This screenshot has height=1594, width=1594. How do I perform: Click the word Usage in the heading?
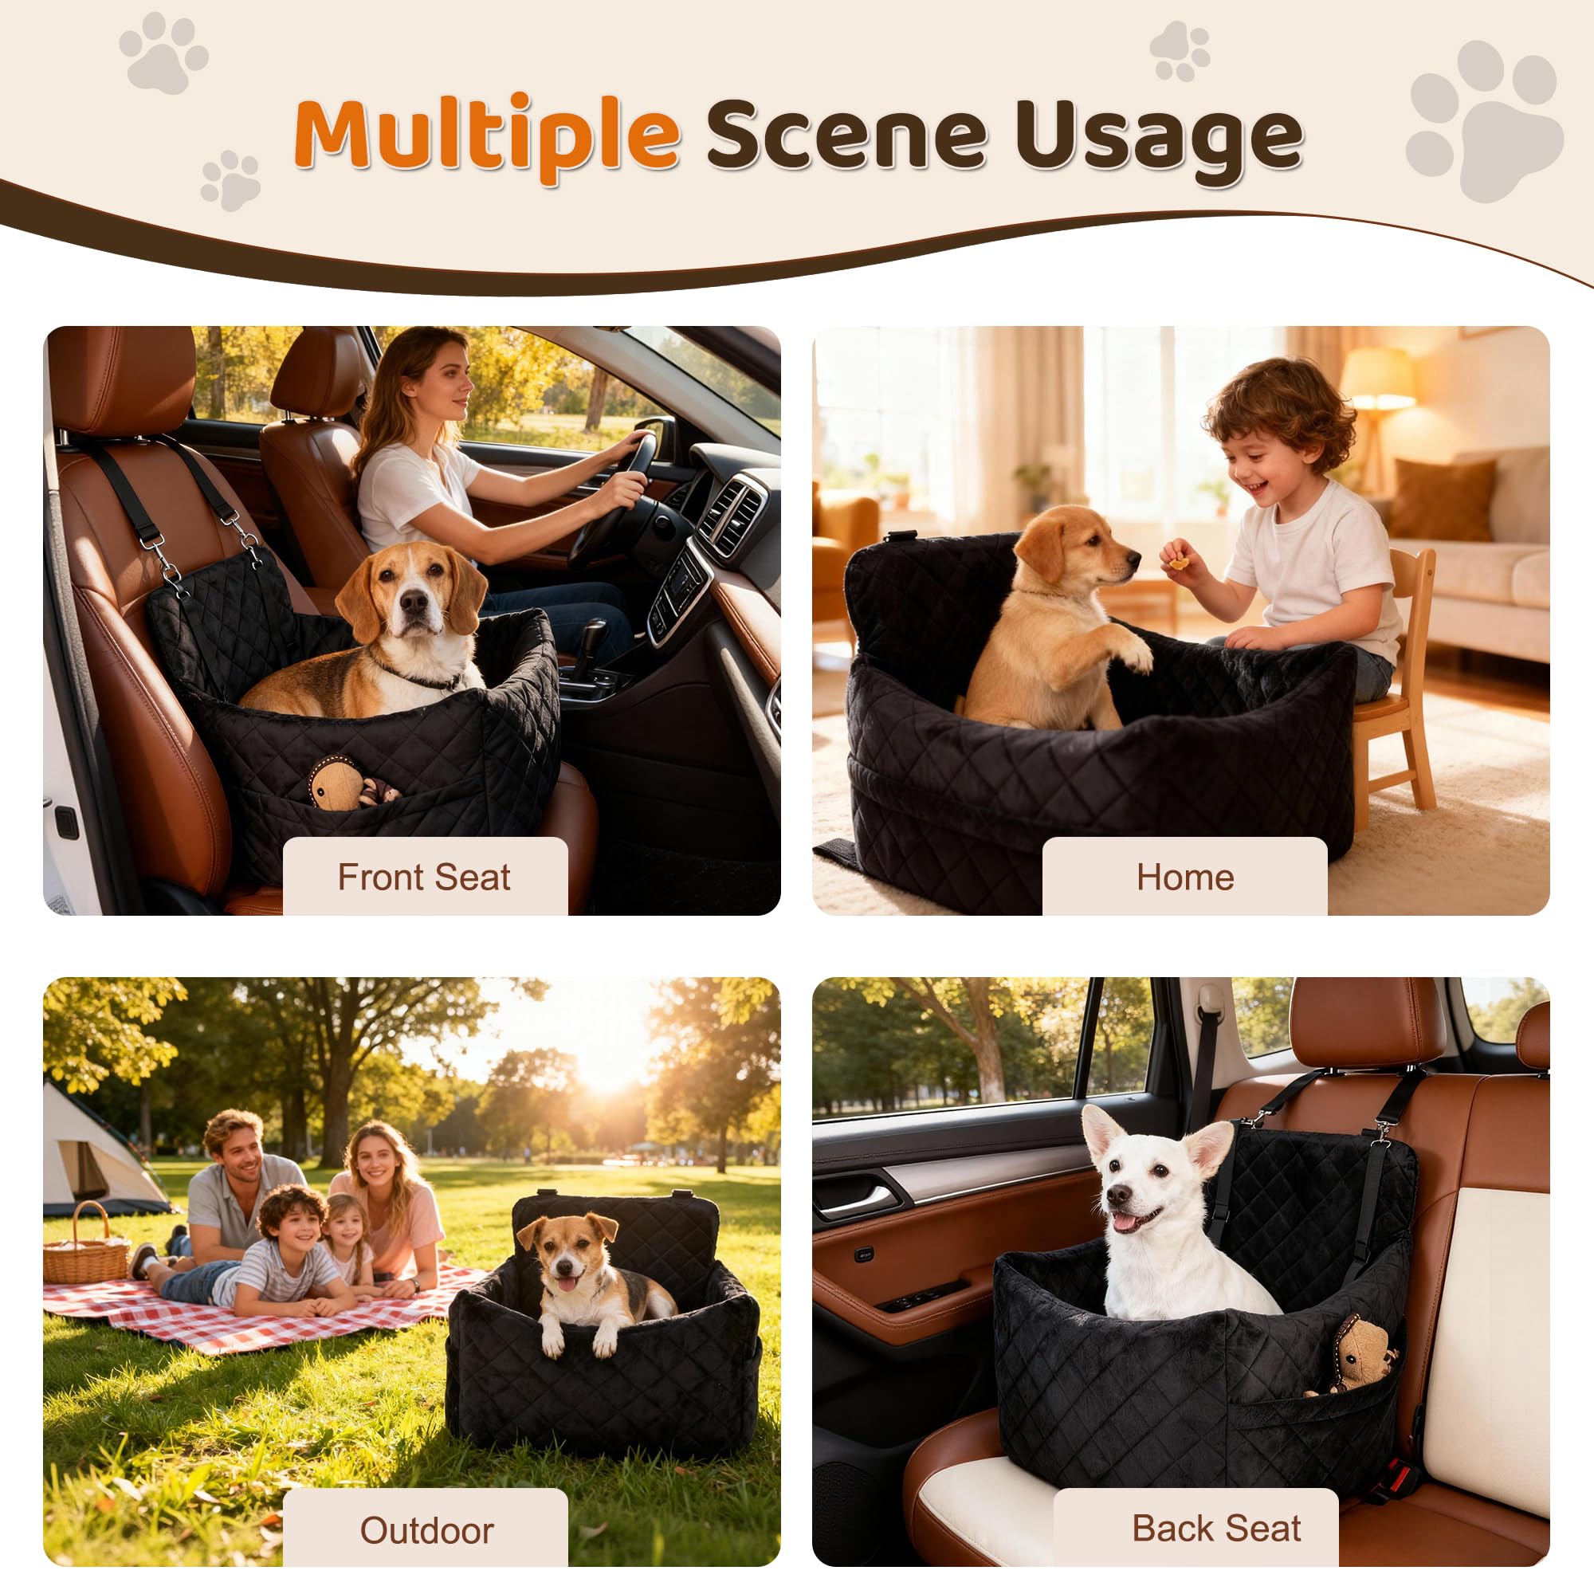1158,136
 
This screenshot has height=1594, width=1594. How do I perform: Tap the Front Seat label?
424,877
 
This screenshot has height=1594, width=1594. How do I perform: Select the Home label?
1185,877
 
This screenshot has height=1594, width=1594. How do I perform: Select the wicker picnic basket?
85,1250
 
